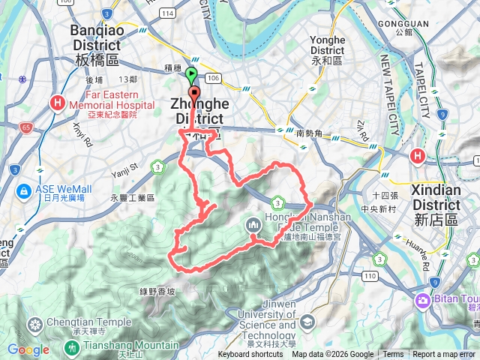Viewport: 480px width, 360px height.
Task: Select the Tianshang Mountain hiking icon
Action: (x=72, y=347)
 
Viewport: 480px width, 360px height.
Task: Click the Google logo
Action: (x=28, y=349)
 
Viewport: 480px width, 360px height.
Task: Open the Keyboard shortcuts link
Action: (x=250, y=355)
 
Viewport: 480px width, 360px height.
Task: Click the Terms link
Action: (x=393, y=355)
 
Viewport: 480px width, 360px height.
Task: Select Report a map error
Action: (x=444, y=355)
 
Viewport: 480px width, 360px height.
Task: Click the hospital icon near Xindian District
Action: (x=418, y=156)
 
